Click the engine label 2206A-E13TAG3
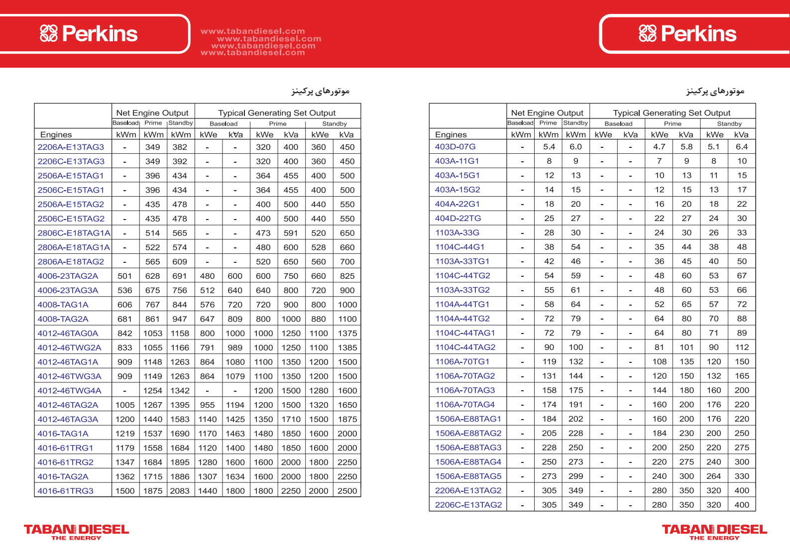(71, 147)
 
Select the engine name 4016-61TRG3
(65, 491)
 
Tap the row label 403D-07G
(455, 147)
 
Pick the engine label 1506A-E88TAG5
(468, 476)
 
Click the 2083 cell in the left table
(180, 491)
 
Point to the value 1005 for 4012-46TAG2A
(125, 405)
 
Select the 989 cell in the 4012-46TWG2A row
(235, 348)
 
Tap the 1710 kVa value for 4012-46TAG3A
(291, 420)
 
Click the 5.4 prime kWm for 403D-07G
(549, 147)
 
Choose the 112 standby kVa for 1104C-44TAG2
(742, 347)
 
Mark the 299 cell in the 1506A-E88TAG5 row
(575, 476)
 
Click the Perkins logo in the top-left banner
(89, 34)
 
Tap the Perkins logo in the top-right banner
(687, 34)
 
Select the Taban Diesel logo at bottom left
(76, 532)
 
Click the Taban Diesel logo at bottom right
(714, 532)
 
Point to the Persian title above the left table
(320, 91)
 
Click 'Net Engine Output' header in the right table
(547, 113)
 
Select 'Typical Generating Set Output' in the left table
(277, 113)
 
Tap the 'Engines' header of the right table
(451, 135)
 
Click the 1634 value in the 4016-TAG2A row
(235, 477)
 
